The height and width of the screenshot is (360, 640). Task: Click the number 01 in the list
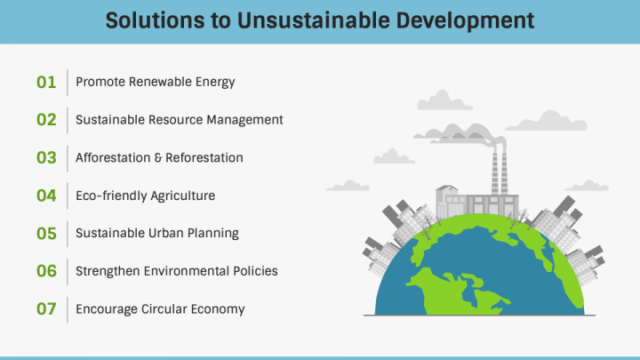46,83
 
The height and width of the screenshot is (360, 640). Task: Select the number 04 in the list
46,196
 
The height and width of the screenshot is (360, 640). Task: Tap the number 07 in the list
46,309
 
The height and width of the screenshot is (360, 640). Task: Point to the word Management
244,120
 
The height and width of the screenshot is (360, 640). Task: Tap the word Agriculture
182,196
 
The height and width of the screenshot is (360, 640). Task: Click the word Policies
255,271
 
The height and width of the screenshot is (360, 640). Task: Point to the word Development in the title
465,21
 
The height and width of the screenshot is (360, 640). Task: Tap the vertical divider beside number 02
68,120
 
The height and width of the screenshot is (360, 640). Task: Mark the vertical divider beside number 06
68,272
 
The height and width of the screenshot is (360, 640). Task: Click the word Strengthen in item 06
108,271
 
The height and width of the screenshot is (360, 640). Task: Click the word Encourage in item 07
107,309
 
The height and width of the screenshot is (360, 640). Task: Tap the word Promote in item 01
100,82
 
